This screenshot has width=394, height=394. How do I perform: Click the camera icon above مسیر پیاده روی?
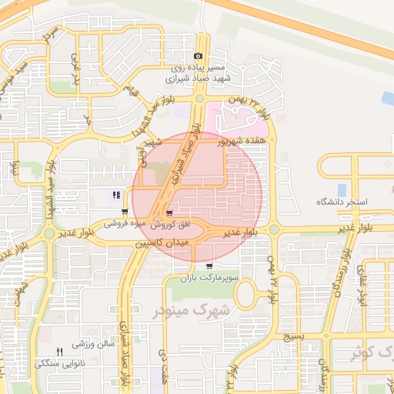199,56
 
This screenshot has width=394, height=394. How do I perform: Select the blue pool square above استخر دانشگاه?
341,189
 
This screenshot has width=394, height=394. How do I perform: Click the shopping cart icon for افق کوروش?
169,212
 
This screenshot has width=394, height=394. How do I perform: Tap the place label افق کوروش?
168,224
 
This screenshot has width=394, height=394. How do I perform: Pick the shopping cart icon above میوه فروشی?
124,212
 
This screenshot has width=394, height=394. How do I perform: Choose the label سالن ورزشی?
95,344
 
